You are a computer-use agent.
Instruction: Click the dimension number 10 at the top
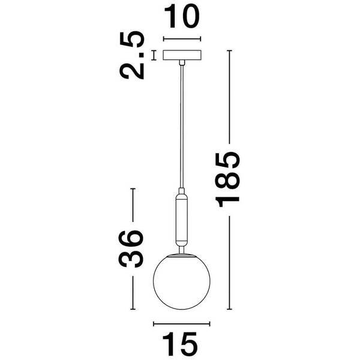point(181,18)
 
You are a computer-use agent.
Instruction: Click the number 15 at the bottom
point(181,344)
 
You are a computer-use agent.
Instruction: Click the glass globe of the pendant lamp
point(181,282)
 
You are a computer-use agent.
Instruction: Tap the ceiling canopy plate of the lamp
point(181,55)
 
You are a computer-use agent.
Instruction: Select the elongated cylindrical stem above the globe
point(181,218)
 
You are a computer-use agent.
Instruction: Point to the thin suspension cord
point(181,126)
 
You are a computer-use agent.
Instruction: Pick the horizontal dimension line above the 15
point(181,324)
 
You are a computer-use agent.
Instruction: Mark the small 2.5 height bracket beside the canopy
point(154,55)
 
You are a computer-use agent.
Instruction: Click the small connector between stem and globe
point(181,248)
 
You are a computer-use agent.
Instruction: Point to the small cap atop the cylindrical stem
point(181,191)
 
